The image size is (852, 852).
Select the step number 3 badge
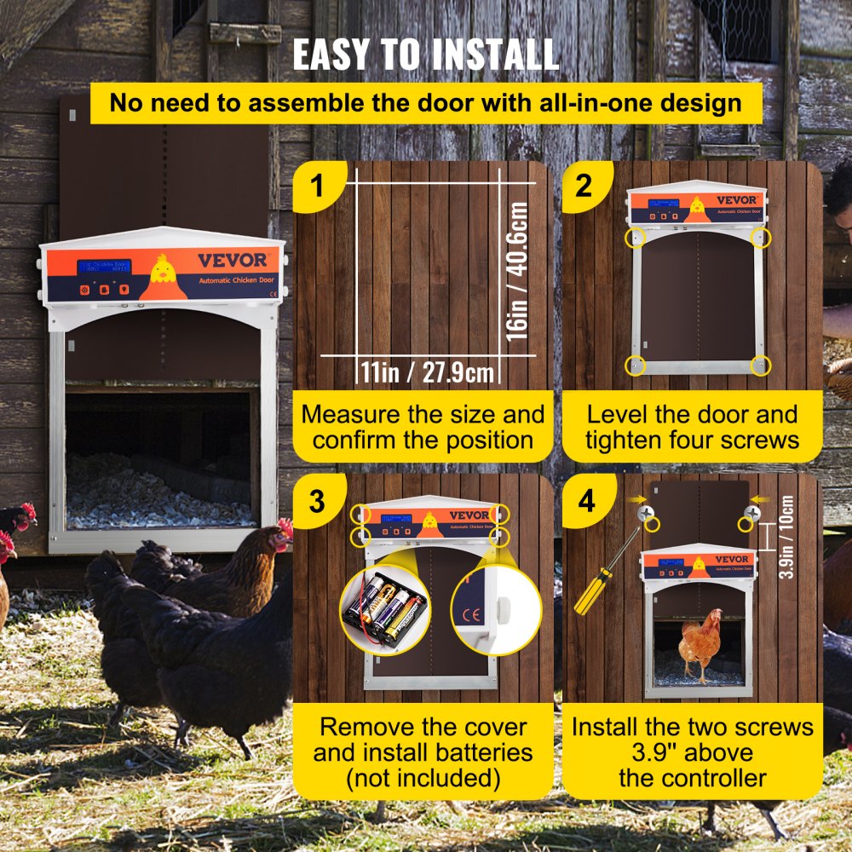pos(317,501)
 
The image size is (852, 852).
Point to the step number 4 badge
pos(586,501)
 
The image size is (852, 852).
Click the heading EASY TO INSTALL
pos(426,55)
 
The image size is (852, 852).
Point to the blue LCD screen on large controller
pos(104,267)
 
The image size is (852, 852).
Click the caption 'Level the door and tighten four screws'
pos(692,427)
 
